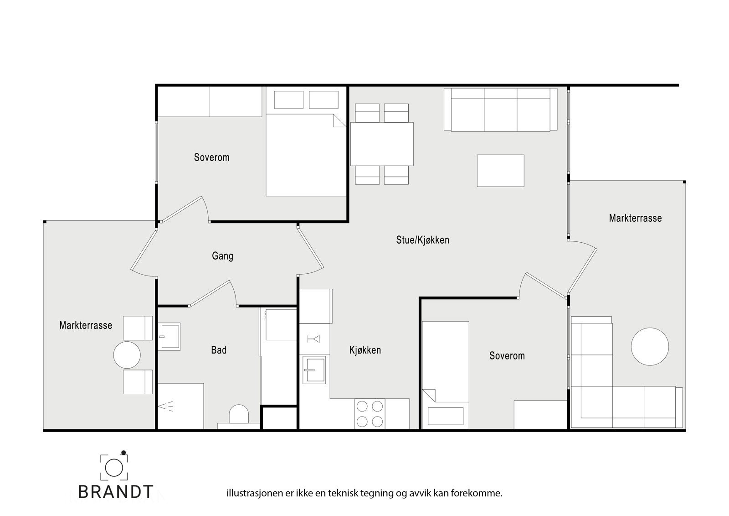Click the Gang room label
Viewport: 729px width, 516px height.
222,256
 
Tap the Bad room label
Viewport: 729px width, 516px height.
219,350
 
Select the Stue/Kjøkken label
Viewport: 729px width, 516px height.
422,240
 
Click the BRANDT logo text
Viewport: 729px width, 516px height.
116,491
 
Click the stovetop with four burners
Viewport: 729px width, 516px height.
370,414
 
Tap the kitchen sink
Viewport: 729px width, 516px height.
314,369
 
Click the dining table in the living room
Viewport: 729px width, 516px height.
382,144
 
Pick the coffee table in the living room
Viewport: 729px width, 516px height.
500,171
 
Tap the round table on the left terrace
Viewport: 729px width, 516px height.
127,354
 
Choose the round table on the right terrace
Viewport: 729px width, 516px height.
650,346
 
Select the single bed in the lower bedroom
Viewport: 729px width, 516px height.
445,375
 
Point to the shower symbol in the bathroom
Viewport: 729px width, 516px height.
165,406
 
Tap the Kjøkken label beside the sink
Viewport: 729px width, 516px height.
365,350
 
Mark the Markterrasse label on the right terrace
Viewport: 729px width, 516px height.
635,218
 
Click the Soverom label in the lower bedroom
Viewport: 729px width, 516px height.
507,355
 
